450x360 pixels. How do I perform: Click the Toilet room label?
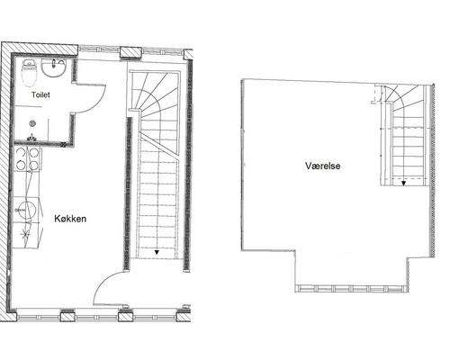point(40,95)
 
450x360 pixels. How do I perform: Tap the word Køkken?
point(70,219)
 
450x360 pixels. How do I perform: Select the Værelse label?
point(323,166)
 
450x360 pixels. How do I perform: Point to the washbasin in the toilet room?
point(54,67)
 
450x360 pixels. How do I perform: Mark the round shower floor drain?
point(32,123)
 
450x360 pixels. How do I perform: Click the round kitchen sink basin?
point(26,210)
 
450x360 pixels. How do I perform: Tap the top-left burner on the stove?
point(21,152)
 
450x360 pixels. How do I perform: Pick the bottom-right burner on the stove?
point(33,166)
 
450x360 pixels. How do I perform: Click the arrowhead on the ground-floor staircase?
point(157,252)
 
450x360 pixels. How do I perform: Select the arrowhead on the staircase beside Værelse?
point(403,183)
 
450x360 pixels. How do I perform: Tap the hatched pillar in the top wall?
point(130,52)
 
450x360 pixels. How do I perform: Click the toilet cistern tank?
point(29,63)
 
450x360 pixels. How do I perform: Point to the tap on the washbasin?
point(54,64)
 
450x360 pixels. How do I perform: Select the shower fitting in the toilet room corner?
point(31,138)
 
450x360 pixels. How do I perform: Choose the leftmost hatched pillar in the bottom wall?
point(67,317)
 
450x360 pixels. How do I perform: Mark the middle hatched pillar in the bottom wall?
point(125,317)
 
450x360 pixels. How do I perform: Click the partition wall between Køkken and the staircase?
point(128,193)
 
